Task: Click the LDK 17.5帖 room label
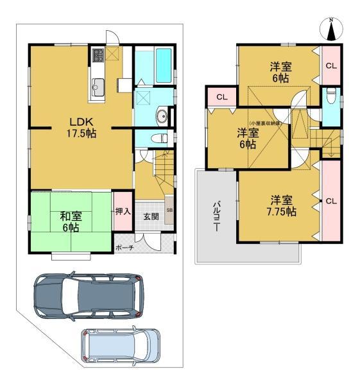click(x=82, y=126)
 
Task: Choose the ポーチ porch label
click(x=124, y=248)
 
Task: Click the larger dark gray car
click(x=88, y=296)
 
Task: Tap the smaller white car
click(x=121, y=347)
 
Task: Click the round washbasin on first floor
click(x=161, y=117)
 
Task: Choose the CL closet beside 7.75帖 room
click(x=330, y=201)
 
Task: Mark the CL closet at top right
click(x=330, y=65)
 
